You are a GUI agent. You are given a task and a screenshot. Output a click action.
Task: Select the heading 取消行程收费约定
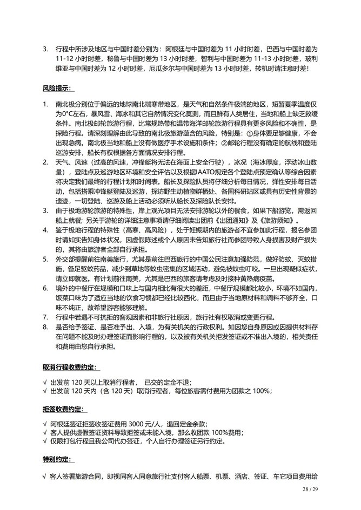click(x=70, y=367)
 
